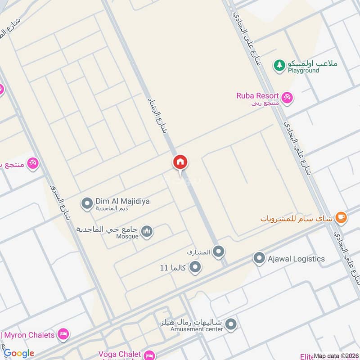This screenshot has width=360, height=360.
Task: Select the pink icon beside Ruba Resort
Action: (x=287, y=97)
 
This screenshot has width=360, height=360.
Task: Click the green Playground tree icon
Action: (x=279, y=65)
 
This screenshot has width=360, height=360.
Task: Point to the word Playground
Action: (x=303, y=71)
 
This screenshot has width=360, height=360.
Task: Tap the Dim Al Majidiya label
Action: (x=122, y=201)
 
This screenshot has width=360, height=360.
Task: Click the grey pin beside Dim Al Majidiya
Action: (x=87, y=204)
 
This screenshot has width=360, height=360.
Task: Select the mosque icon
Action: (x=147, y=232)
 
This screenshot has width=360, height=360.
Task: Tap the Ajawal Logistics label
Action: (x=296, y=259)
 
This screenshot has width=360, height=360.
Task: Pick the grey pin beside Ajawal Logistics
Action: (x=259, y=259)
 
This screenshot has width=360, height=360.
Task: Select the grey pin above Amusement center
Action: (x=231, y=324)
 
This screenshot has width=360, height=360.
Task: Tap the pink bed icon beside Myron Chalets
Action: (x=63, y=334)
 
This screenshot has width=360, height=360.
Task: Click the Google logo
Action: (x=19, y=353)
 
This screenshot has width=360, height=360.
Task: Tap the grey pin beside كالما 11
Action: (x=195, y=268)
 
